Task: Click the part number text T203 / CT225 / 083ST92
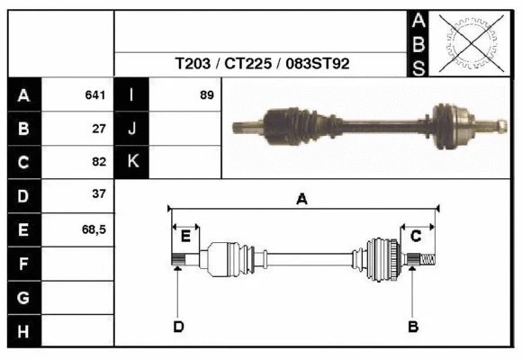point(262,65)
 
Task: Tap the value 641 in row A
point(96,95)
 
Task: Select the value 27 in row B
point(100,129)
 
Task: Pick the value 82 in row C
point(100,162)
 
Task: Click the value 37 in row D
point(100,194)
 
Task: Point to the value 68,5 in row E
point(95,229)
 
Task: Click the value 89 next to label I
point(207,95)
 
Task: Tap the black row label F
point(24,264)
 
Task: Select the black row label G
point(24,298)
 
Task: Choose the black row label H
point(24,331)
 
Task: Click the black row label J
point(132,129)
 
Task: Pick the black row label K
point(132,162)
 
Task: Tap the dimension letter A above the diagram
point(301,199)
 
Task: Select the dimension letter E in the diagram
point(185,236)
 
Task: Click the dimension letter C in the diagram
point(416,236)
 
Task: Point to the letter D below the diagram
point(178,326)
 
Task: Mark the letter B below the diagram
point(413,326)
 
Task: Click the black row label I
point(132,95)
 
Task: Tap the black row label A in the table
point(24,95)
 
